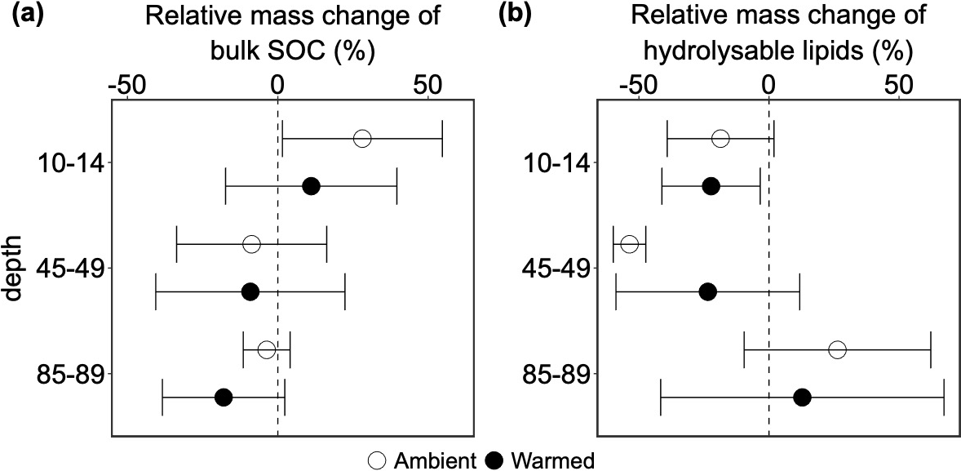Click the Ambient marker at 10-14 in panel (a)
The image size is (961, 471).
pos(362,139)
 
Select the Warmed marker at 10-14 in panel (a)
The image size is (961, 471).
pos(311,187)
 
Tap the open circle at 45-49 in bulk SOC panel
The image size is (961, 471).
pos(251,244)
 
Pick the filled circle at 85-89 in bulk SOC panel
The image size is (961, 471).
pos(224,398)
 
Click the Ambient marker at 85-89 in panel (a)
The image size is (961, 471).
pos(266,350)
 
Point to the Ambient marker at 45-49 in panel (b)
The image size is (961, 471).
pos(629,244)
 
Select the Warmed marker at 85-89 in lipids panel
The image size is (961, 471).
pos(802,398)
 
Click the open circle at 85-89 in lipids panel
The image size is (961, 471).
pos(837,350)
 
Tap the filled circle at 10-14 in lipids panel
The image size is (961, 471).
pos(711,187)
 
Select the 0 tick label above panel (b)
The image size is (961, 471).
pos(768,85)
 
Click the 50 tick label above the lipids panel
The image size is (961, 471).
pos(898,85)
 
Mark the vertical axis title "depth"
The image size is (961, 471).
pos(14,269)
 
